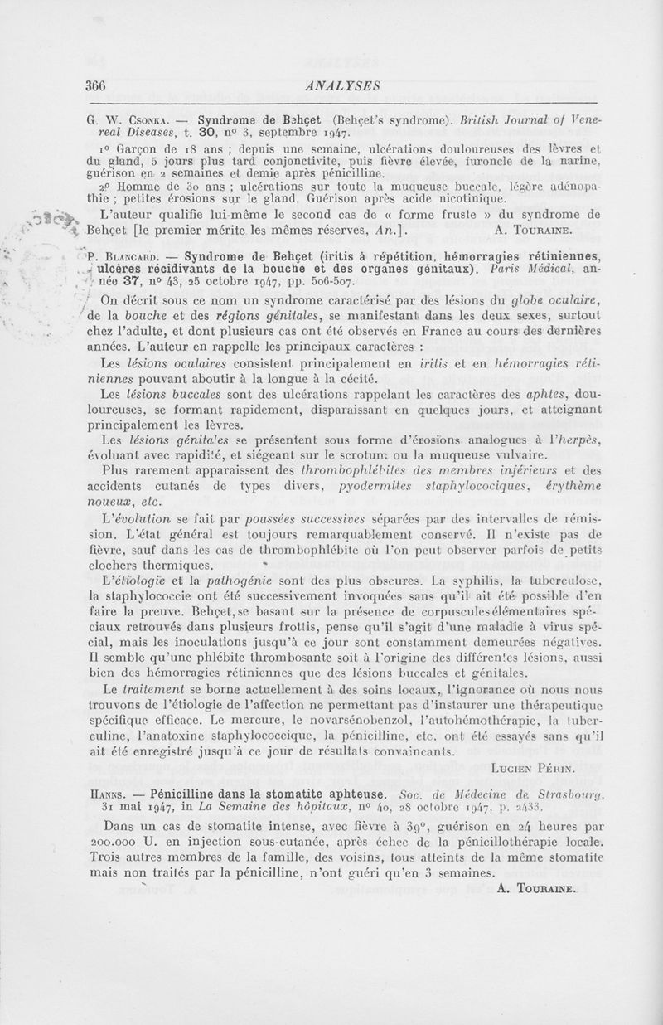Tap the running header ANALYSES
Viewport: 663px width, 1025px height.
[342, 85]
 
